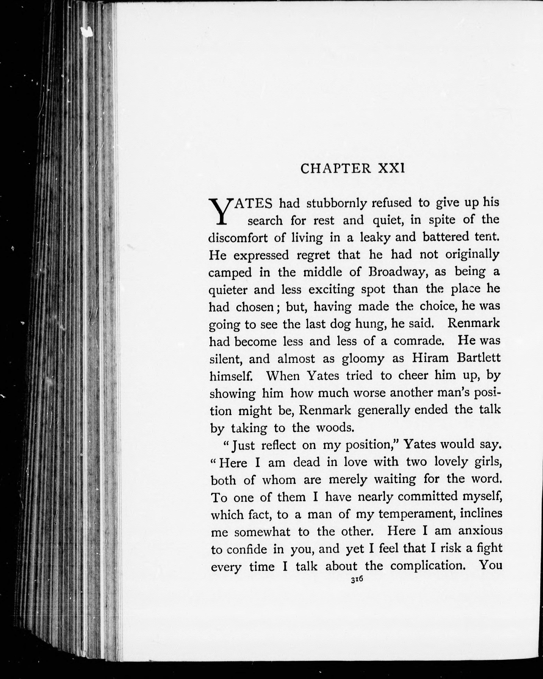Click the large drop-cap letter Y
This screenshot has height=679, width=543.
[x=218, y=211]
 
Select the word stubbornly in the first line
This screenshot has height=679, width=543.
[x=337, y=203]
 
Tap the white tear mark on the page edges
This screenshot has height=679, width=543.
[x=87, y=31]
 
